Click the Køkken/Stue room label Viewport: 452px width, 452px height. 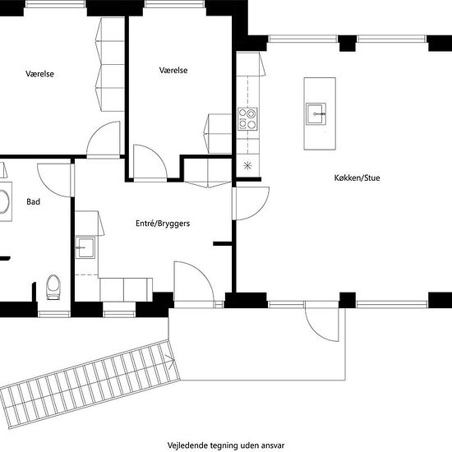pos(357,178)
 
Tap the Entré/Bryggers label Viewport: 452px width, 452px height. pos(163,224)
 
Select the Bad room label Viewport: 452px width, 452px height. pos(33,202)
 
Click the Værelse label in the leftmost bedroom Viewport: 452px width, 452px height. pos(39,74)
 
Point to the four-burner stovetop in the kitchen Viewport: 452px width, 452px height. pos(247,119)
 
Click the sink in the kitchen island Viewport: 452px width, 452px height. pos(316,113)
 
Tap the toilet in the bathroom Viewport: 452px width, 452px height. pos(53,287)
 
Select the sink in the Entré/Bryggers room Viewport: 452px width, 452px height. pos(85,247)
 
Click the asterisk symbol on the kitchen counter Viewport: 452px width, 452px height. pos(247,166)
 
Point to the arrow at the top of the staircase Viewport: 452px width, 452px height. pos(170,362)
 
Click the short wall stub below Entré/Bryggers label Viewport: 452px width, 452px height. pos(223,244)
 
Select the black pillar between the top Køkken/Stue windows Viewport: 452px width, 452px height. pos(347,44)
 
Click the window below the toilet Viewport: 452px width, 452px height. pos(54,314)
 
